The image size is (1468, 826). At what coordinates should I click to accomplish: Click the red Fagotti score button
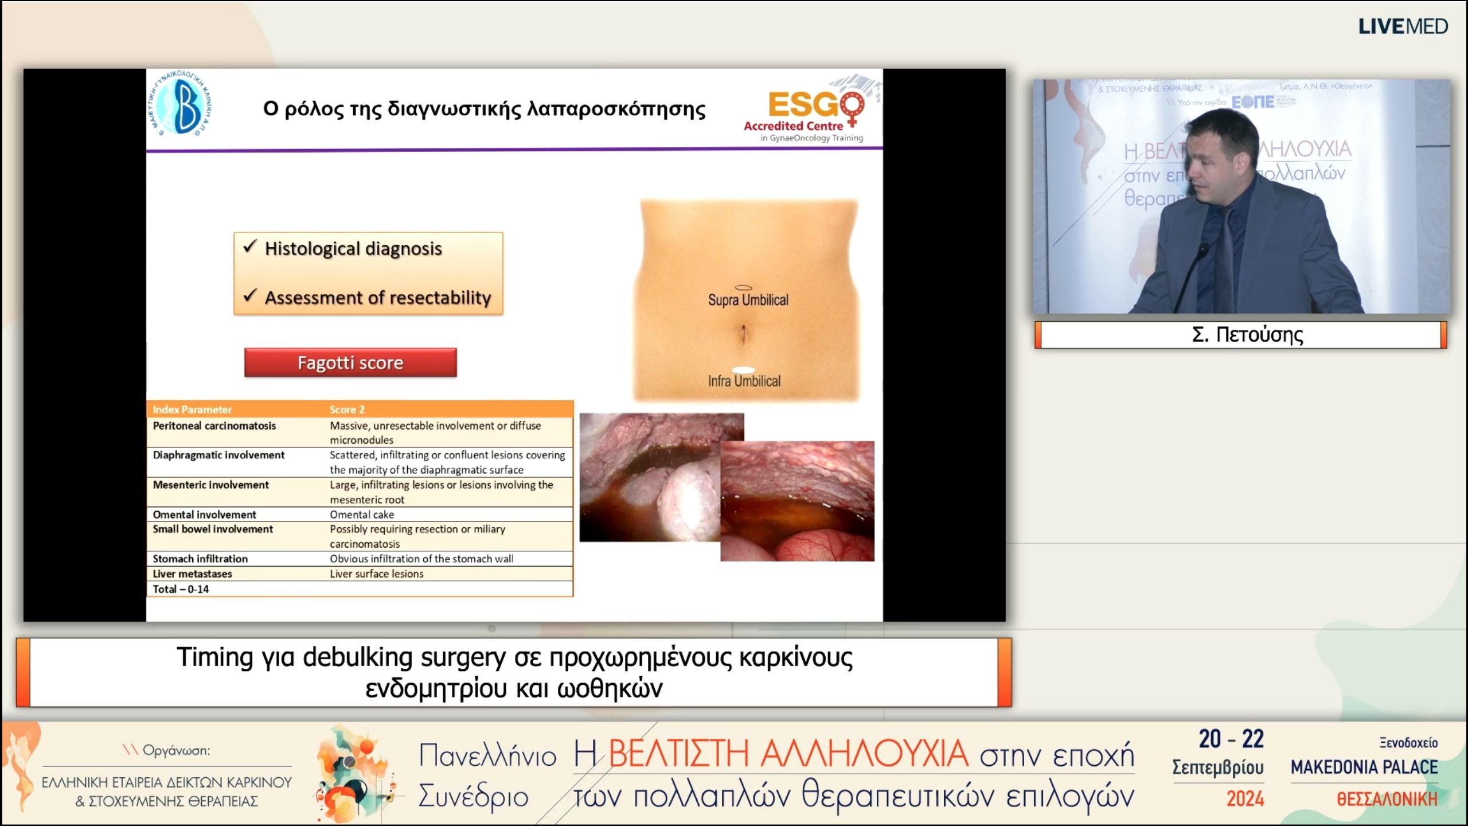tap(350, 363)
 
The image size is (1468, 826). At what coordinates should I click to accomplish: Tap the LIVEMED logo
tap(1403, 26)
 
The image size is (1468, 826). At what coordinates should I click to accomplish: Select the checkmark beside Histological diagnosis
tap(249, 247)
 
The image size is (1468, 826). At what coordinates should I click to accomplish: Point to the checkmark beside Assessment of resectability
tap(249, 295)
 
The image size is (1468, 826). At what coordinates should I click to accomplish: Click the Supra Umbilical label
tap(748, 300)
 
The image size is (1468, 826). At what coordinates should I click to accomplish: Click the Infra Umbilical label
tap(744, 381)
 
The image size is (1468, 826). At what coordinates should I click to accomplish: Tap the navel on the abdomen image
tap(743, 333)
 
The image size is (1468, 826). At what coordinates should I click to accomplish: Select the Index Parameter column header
tap(192, 410)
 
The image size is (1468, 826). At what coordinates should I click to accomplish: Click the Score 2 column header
tap(347, 410)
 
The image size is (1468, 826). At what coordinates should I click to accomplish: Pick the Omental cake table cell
tap(362, 515)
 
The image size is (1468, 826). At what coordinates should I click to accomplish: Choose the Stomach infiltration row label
tap(200, 559)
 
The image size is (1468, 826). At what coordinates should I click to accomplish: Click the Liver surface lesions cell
tap(376, 574)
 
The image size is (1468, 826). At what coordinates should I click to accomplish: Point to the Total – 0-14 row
tap(181, 589)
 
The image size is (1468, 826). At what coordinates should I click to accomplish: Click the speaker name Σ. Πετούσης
tap(1247, 334)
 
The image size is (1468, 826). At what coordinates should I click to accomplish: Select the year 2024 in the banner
tap(1245, 798)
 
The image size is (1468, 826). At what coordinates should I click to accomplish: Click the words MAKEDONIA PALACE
tap(1364, 767)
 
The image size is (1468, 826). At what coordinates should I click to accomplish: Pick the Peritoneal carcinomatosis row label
tap(214, 426)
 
